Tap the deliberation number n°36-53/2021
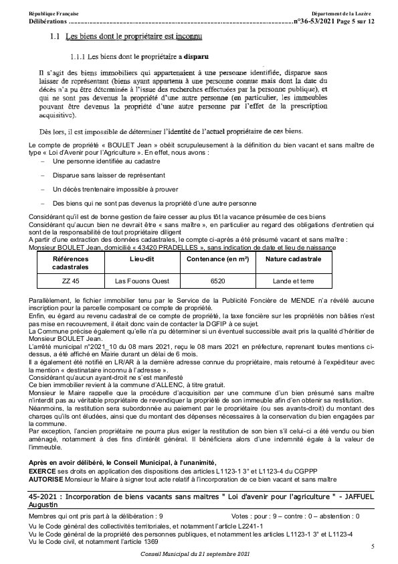coord(318,22)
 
